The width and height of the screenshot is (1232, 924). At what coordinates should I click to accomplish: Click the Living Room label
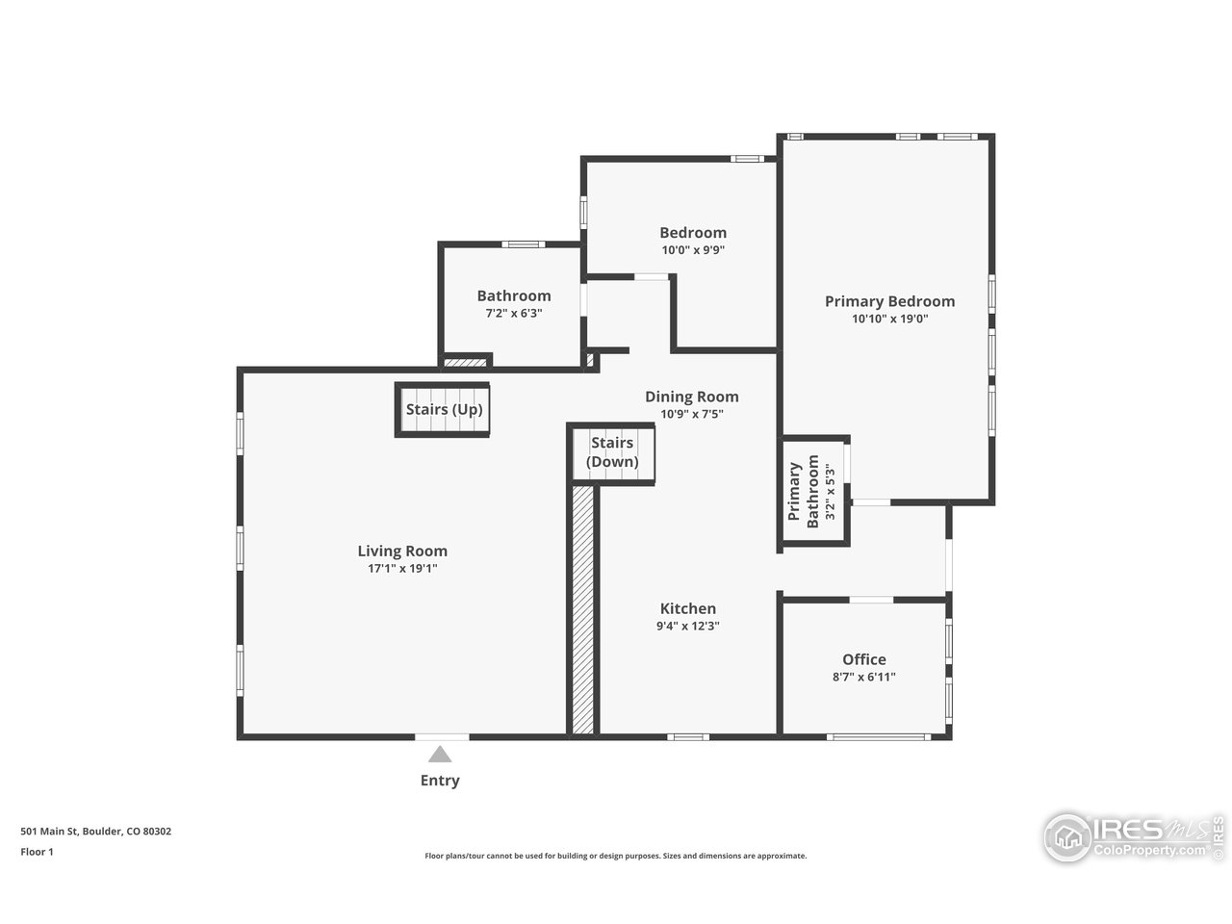[x=402, y=552]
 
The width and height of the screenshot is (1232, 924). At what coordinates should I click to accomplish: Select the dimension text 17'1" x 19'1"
[x=402, y=569]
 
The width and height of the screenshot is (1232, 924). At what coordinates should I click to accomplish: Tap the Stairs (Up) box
[x=444, y=410]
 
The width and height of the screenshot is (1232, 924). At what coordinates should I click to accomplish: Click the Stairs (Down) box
[x=613, y=452]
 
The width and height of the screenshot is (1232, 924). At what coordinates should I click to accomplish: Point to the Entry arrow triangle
[x=440, y=754]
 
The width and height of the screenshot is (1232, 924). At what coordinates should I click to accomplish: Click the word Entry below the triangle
[x=440, y=781]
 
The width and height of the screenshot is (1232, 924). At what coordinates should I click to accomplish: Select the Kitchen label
[x=688, y=608]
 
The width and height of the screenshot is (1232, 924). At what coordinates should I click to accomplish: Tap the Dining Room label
[x=692, y=397]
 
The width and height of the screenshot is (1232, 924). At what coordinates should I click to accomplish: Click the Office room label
[x=864, y=659]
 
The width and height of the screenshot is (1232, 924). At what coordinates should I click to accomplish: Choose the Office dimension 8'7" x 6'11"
[x=864, y=677]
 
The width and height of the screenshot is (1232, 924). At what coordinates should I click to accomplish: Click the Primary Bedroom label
[x=889, y=301]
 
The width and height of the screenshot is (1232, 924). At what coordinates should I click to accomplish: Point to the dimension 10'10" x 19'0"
[x=889, y=319]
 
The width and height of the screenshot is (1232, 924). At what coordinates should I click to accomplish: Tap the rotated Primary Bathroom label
[x=804, y=492]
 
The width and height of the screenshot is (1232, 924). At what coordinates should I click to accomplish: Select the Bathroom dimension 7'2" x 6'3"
[x=514, y=313]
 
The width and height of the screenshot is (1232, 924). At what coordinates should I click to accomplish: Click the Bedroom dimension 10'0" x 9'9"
[x=693, y=250]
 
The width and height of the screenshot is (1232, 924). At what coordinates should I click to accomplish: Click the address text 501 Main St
[x=96, y=832]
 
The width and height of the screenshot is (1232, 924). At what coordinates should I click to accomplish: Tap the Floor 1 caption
[x=38, y=851]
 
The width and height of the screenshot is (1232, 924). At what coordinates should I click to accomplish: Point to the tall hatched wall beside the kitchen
[x=583, y=611]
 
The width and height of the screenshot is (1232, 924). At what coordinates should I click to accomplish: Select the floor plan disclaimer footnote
[x=616, y=856]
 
